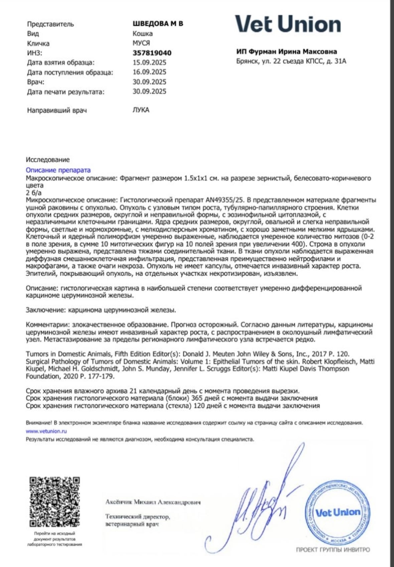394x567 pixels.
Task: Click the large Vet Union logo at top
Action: [288, 24]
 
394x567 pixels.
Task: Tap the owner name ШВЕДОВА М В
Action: [158, 24]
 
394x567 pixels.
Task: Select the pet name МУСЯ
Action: [141, 43]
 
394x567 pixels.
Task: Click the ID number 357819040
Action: [152, 53]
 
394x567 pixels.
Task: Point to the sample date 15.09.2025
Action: [149, 62]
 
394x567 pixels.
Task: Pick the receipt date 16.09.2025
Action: [149, 72]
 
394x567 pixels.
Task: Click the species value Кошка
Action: [142, 33]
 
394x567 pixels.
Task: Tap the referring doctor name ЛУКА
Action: [141, 110]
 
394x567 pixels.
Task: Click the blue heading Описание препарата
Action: [58, 170]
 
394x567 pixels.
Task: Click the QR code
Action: [54, 501]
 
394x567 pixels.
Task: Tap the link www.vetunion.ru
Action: [46, 431]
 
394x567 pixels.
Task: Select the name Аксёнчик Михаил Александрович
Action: [153, 502]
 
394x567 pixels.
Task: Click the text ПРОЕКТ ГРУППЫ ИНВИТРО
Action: [333, 550]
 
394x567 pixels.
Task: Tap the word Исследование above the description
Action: [48, 160]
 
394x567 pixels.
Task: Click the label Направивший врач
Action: [57, 110]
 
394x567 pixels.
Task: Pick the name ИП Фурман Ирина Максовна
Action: [286, 51]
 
